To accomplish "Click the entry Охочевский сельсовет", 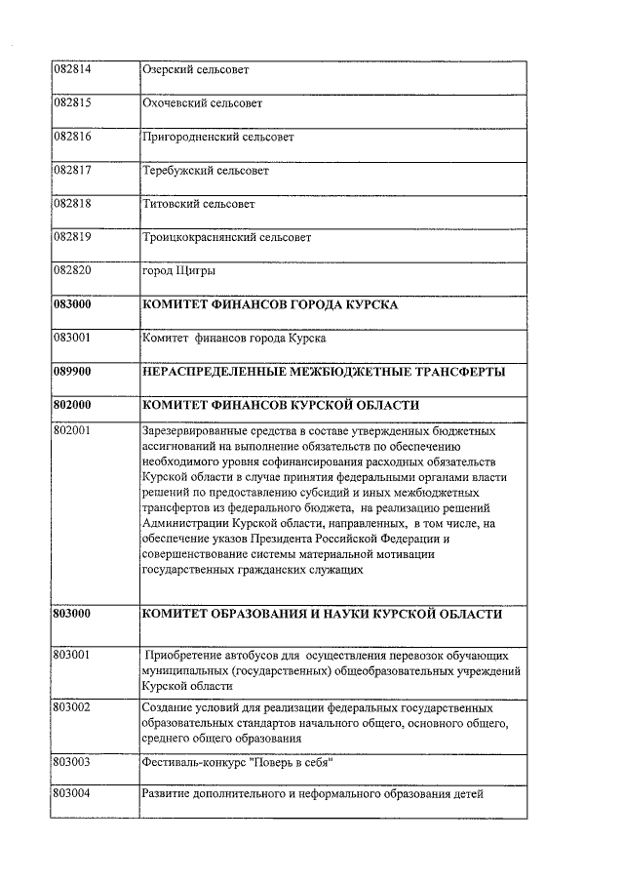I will click(x=203, y=103).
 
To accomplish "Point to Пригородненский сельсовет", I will click(x=218, y=138).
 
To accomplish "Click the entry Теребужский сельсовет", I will click(x=206, y=171).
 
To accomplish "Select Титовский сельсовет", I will click(x=199, y=205).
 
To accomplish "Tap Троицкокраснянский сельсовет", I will click(x=227, y=238).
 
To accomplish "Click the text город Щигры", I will click(x=179, y=271).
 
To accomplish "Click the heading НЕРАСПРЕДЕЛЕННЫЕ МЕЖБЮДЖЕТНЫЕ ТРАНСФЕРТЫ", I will click(x=324, y=373).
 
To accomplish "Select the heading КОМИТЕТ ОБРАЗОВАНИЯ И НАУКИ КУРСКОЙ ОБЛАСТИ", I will click(x=322, y=615).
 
